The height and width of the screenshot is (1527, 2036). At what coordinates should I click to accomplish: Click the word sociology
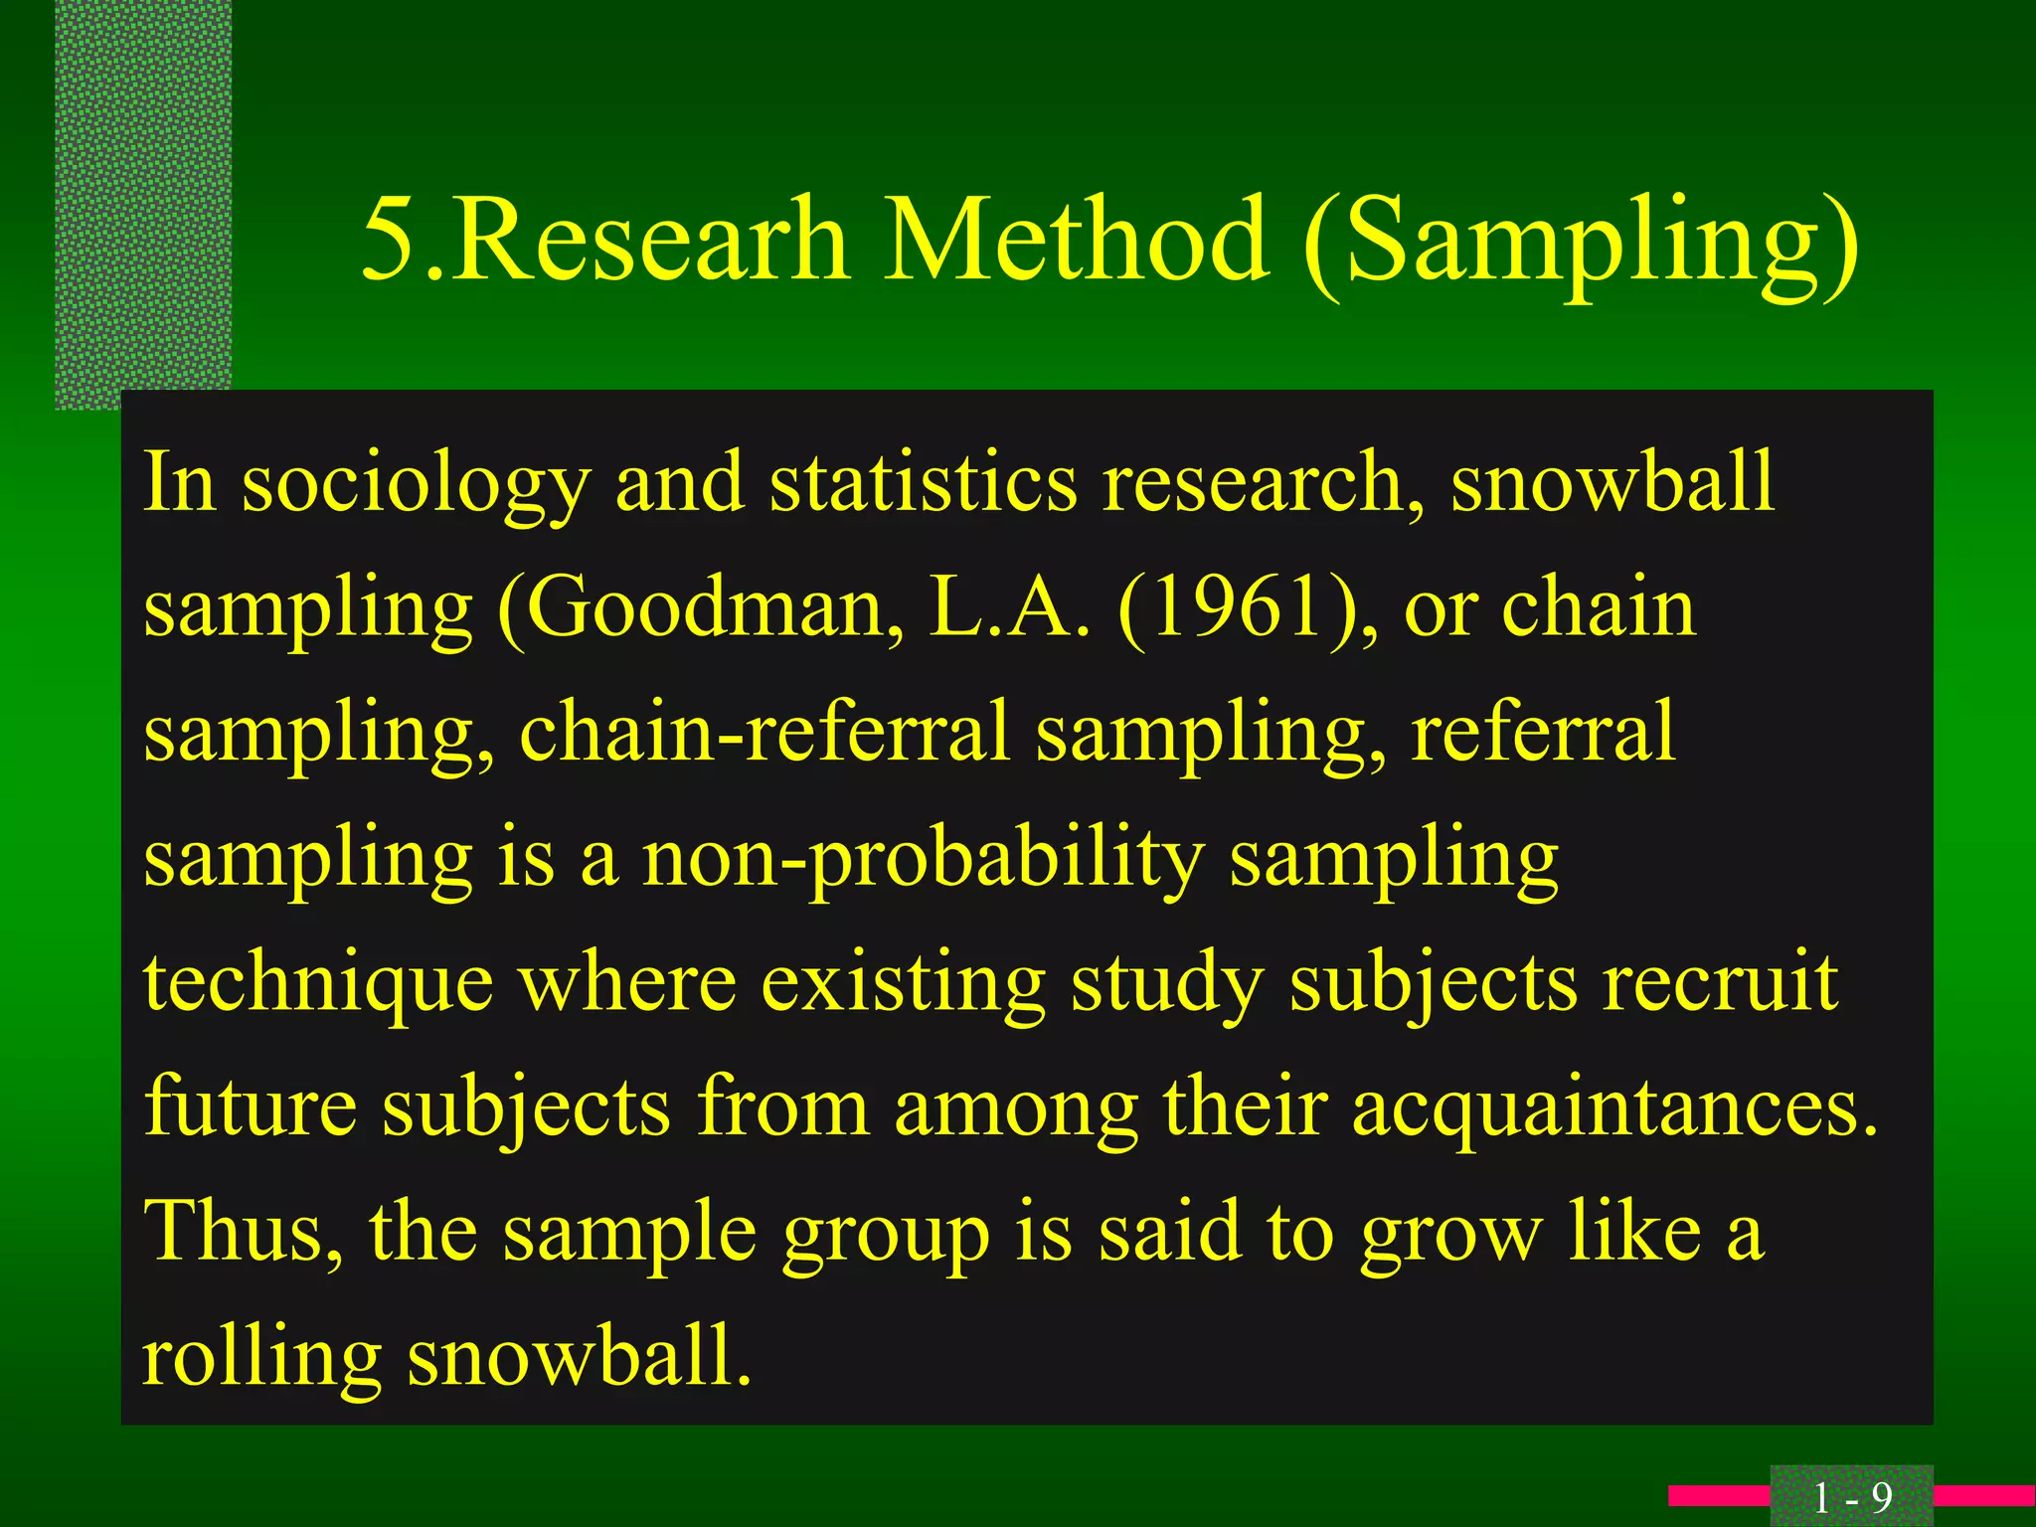coord(417,484)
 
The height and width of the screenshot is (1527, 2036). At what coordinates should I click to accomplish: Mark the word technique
coord(318,984)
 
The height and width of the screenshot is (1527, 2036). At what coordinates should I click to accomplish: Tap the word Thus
coord(244,1232)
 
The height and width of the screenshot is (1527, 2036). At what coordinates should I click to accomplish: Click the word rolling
coord(261,1359)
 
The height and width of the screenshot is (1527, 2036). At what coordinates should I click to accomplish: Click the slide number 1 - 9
coord(1851,1497)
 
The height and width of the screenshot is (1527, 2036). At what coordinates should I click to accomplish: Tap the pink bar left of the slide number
coord(1719,1495)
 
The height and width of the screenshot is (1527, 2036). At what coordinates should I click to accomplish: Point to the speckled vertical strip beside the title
coord(143,199)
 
